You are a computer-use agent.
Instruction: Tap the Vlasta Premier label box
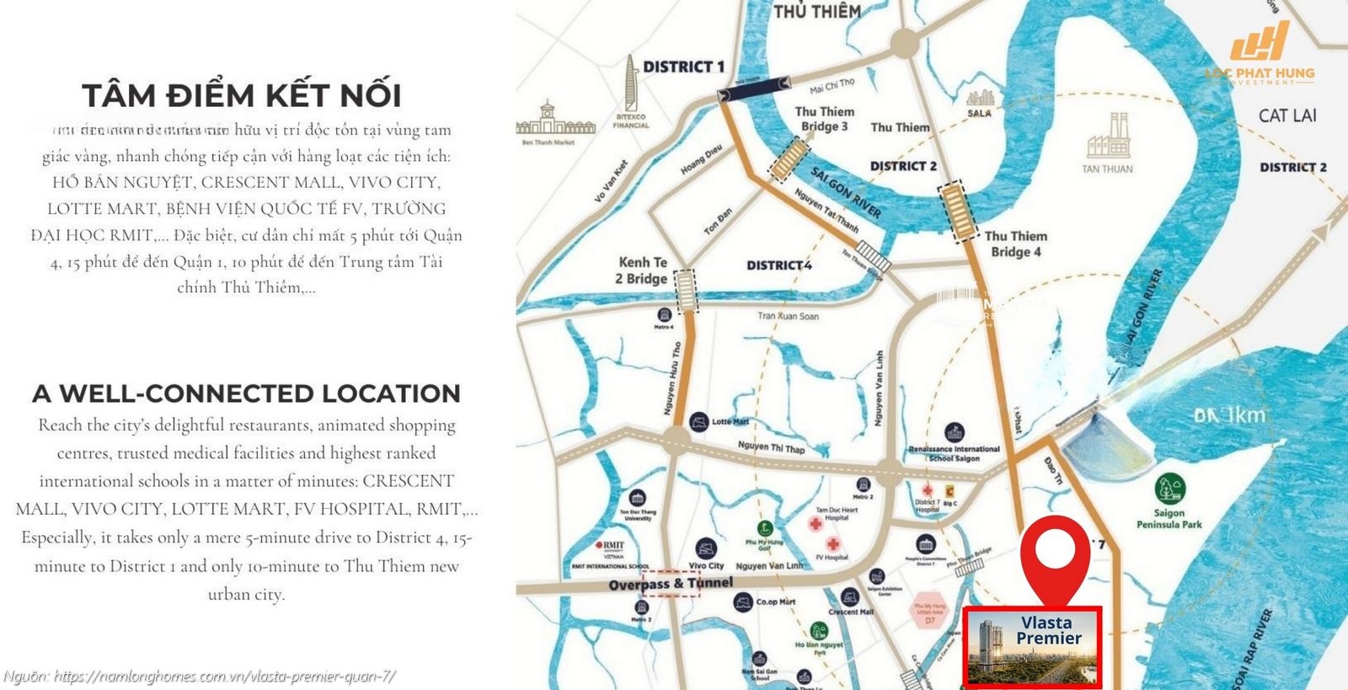[1032, 646]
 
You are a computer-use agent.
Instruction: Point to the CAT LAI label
[1286, 115]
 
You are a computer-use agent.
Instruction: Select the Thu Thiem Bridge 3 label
[824, 119]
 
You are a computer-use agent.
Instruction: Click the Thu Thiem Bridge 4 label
[1015, 243]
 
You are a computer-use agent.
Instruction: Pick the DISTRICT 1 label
[683, 67]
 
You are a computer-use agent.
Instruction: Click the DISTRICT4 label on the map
[778, 265]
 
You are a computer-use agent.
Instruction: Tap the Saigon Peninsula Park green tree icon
[1169, 489]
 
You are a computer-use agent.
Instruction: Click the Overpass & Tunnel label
[671, 583]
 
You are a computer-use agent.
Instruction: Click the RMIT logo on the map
[610, 546]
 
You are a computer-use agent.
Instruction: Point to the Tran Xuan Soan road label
[788, 316]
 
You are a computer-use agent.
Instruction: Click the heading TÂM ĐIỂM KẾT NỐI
[242, 95]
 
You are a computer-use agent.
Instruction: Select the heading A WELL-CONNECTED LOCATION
[246, 393]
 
